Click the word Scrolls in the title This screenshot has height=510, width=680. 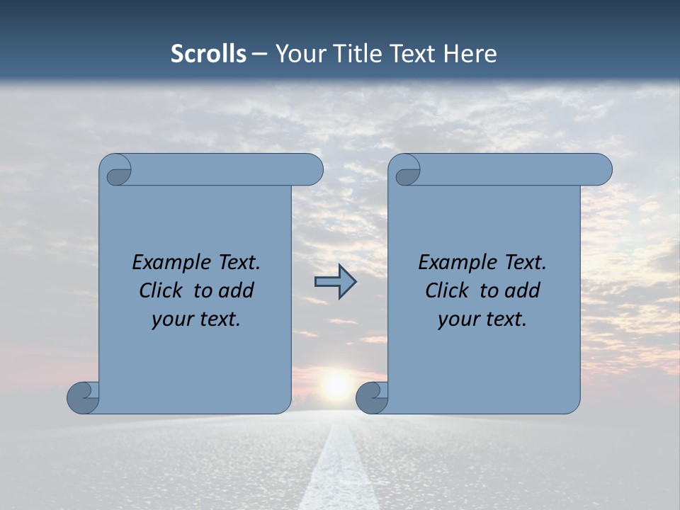208,54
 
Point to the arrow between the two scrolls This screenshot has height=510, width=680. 335,282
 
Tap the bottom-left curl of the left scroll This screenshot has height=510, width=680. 83,397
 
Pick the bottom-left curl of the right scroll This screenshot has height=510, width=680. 372,397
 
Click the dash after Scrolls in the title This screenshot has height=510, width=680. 259,54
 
